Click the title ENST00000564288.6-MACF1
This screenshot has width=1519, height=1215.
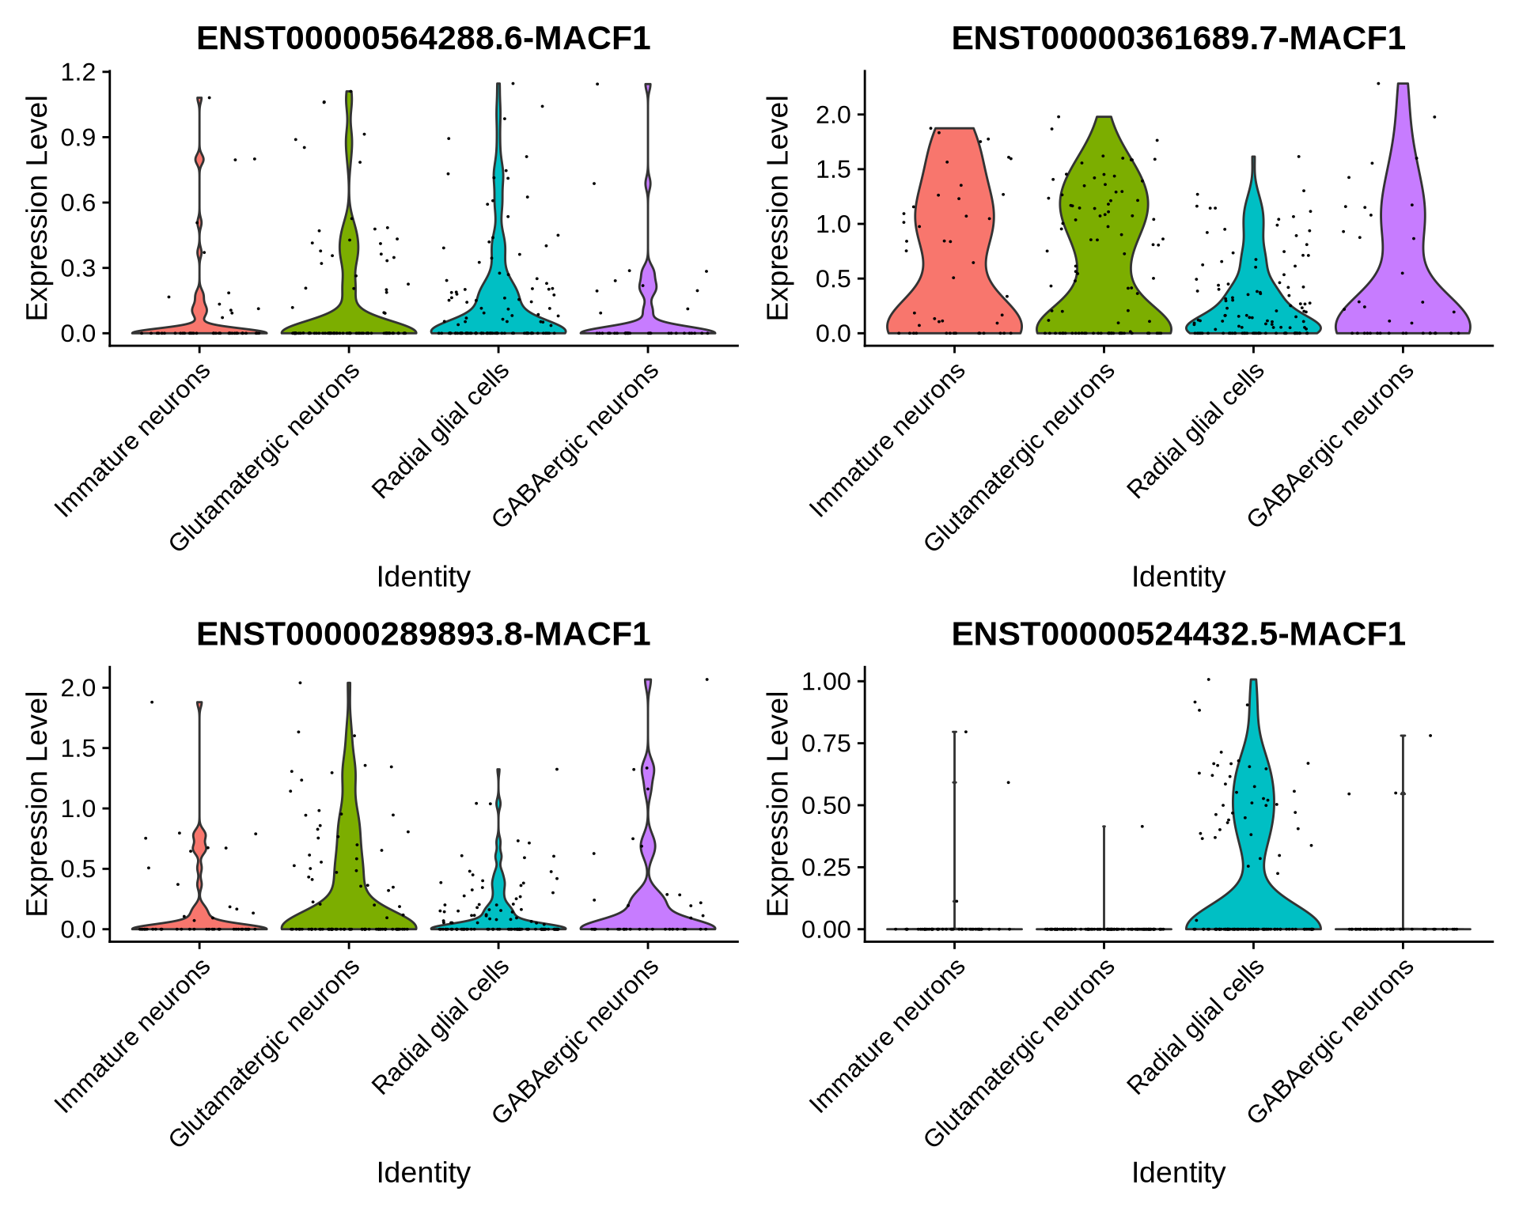click(423, 38)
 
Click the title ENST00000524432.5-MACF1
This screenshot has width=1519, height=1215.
click(1178, 634)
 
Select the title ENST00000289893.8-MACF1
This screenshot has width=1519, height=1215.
click(423, 634)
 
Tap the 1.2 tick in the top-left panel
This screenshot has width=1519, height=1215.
click(78, 72)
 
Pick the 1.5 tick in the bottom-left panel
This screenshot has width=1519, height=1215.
click(78, 748)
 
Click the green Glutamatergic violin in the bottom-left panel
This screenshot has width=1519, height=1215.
click(348, 870)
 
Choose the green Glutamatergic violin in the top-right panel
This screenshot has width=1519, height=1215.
click(1104, 237)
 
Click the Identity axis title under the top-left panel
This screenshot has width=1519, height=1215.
click(423, 577)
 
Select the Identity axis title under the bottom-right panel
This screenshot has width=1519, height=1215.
click(1178, 1172)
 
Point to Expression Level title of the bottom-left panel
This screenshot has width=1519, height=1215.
click(37, 803)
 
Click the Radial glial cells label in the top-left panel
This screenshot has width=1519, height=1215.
click(441, 432)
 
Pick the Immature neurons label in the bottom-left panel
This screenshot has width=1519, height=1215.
click(132, 1037)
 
